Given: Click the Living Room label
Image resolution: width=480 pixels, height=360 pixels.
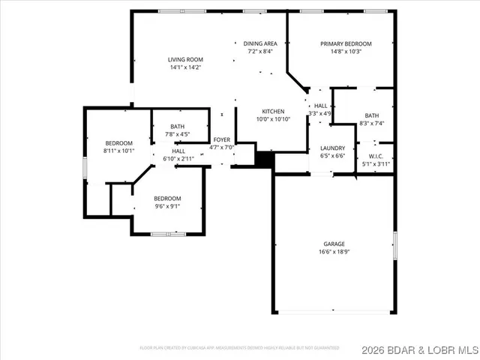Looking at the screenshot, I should [185, 59].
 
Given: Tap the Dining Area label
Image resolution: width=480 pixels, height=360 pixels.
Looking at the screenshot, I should [260, 43].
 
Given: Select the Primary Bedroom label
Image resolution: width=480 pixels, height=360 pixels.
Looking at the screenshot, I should [346, 43].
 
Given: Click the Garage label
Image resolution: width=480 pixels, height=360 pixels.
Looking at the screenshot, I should [334, 244].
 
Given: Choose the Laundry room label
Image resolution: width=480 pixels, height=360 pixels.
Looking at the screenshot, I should [331, 148].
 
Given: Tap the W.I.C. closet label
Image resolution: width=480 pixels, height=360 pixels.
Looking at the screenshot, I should [376, 156].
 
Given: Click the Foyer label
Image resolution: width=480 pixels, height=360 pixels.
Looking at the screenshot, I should [222, 139].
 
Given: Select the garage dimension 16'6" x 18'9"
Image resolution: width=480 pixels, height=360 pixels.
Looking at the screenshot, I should [334, 253].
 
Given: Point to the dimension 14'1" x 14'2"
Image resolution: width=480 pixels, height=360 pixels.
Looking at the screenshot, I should [185, 67].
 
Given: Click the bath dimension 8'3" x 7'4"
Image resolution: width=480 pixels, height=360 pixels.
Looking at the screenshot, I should [372, 123].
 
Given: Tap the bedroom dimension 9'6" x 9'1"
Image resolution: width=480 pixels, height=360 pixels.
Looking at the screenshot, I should [167, 207].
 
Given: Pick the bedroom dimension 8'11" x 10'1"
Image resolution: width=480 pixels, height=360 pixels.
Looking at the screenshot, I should [118, 151].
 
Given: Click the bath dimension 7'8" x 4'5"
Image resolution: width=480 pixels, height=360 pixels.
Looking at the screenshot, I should [178, 135].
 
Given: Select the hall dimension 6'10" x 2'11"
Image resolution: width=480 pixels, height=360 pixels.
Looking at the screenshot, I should [179, 159].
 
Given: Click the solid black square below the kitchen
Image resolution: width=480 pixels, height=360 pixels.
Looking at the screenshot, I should [265, 159].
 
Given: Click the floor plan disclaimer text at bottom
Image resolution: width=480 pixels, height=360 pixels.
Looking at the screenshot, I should [239, 348].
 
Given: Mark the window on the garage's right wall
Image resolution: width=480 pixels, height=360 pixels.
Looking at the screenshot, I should [394, 248].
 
